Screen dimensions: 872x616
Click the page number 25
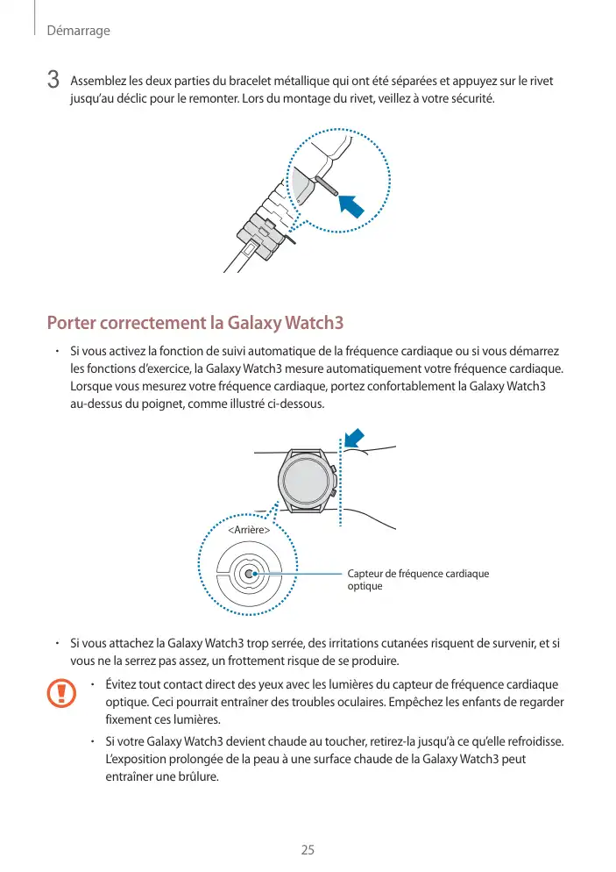pyautogui.click(x=308, y=849)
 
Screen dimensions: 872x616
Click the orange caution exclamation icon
pyautogui.click(x=61, y=693)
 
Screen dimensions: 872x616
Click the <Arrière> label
pyautogui.click(x=248, y=531)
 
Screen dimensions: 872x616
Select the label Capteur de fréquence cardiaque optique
pyautogui.click(x=418, y=579)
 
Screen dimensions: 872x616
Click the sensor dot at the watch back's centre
pyautogui.click(x=249, y=574)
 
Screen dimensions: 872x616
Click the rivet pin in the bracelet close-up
pyautogui.click(x=323, y=187)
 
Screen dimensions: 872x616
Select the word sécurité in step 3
pyautogui.click(x=471, y=97)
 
